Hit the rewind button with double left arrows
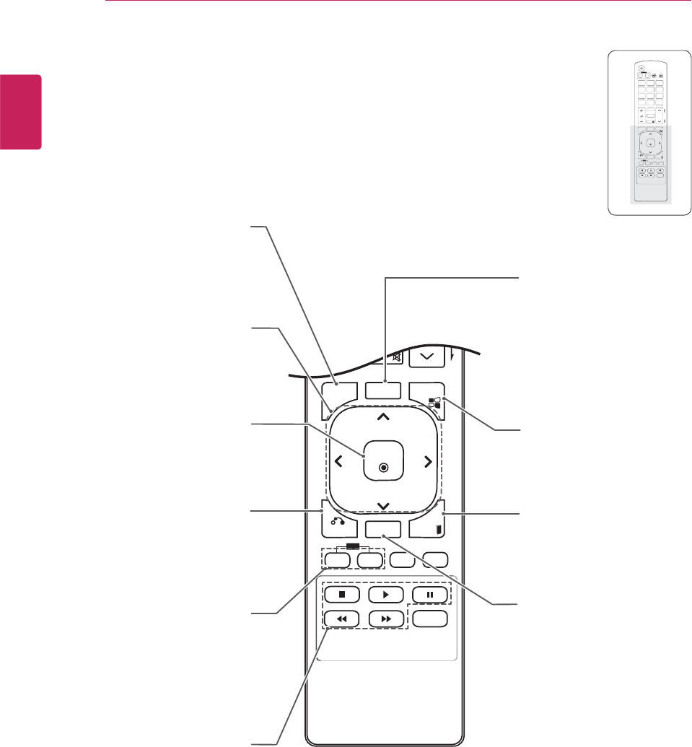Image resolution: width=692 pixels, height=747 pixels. click(x=342, y=619)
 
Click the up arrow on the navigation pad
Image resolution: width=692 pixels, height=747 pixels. click(x=383, y=416)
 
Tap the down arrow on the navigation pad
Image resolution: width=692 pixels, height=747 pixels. click(x=383, y=505)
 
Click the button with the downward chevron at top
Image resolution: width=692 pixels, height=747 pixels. click(x=426, y=354)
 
